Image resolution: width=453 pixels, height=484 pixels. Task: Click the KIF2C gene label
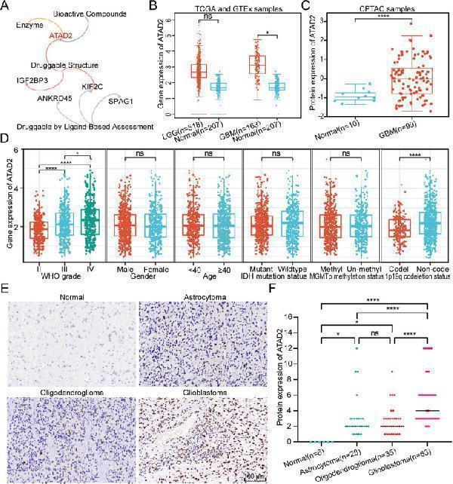coord(94,87)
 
